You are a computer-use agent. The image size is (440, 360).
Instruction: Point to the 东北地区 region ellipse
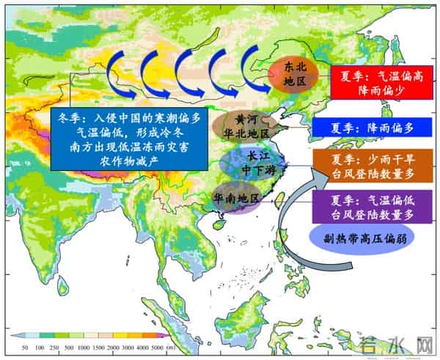point(292,73)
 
